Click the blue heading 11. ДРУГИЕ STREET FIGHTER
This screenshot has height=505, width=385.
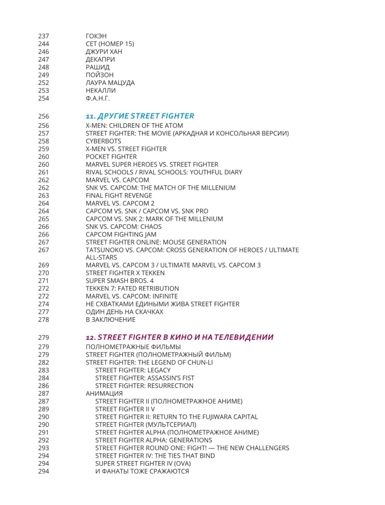139,116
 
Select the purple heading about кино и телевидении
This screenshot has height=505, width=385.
179,337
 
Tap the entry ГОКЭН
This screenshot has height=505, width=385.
97,36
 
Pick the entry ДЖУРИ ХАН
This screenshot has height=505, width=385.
104,52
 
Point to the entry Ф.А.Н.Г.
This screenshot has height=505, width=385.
98,98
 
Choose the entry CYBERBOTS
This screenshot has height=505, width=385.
104,141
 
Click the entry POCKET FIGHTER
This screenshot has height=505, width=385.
108,157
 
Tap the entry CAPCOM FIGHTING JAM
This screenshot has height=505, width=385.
121,234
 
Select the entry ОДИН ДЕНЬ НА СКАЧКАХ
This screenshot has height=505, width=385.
124,312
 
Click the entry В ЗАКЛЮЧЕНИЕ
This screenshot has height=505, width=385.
111,320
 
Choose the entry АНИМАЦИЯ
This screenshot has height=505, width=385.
104,393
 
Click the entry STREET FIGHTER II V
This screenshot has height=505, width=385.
124,409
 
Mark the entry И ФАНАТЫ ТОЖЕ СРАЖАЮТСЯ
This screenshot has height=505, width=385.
142,471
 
